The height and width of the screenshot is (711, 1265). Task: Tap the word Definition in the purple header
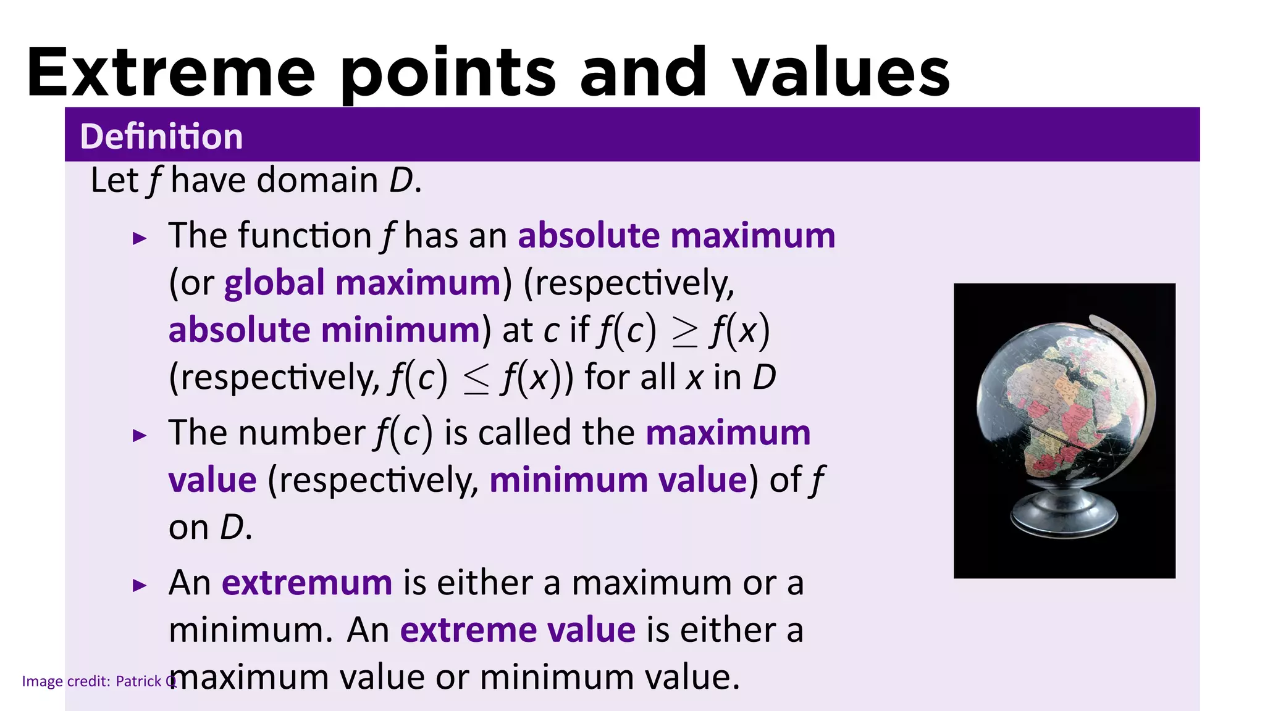point(161,136)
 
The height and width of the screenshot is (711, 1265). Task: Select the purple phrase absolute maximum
point(676,236)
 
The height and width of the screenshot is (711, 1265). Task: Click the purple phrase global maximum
point(362,283)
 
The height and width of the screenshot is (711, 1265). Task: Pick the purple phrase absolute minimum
point(324,330)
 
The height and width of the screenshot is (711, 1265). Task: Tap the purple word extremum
point(307,583)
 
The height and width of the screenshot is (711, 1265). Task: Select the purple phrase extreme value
point(518,630)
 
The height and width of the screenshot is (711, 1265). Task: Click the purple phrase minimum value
point(618,480)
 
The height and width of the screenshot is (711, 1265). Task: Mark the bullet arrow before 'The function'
point(140,238)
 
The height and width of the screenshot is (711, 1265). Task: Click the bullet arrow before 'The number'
point(140,436)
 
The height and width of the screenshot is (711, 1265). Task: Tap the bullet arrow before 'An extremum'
point(140,585)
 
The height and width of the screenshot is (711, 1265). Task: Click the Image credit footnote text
point(99,681)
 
